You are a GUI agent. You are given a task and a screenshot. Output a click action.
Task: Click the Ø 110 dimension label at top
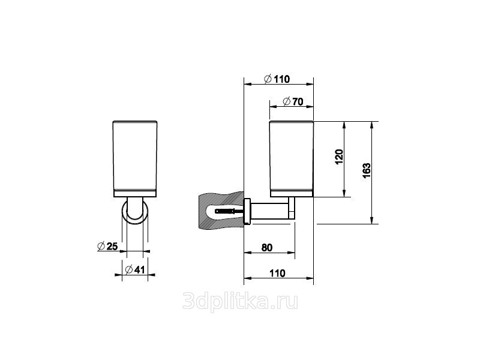coord(277,79)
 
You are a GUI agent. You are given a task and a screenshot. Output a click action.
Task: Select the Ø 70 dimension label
coord(293,101)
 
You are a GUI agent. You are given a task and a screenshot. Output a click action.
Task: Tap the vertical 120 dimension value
coord(339,157)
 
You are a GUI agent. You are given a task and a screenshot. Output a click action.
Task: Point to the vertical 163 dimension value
coord(367,170)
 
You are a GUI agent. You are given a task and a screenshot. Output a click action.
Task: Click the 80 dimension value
coord(267,247)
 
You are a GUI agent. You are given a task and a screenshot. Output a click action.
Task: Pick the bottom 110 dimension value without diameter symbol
coord(277,273)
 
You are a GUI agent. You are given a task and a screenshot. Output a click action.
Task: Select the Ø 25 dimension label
coord(107,246)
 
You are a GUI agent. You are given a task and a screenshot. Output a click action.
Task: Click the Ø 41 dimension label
coord(135,269)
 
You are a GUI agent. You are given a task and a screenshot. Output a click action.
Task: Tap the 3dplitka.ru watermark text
coord(240,301)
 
